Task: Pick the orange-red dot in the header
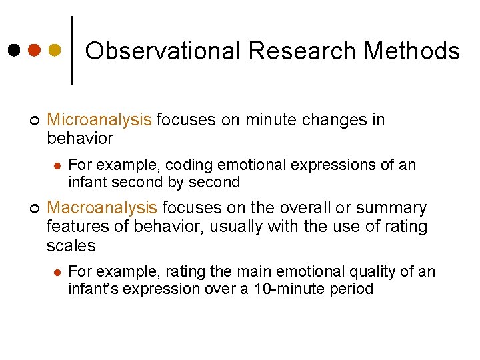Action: tap(35, 51)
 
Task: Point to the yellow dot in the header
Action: tap(55, 51)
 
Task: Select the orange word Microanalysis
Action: tap(99, 120)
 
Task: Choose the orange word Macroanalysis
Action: tap(102, 208)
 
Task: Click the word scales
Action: tap(71, 245)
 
